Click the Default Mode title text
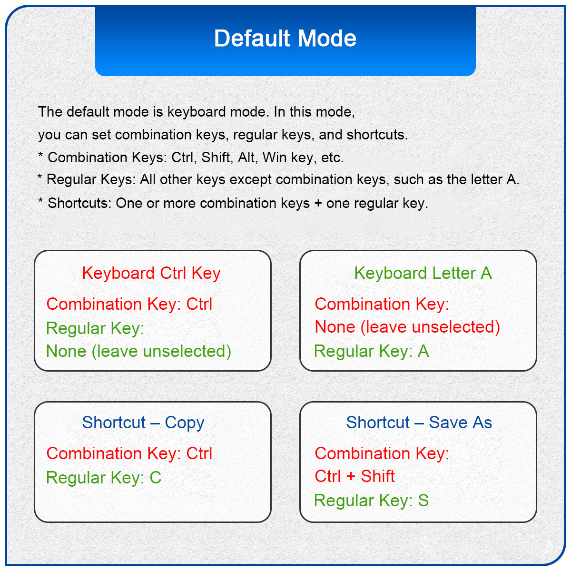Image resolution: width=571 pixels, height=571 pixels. (x=285, y=38)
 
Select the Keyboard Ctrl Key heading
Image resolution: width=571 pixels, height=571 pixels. (x=151, y=274)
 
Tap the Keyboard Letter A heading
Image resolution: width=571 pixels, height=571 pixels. (x=423, y=273)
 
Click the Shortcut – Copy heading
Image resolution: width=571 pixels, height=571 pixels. (x=143, y=423)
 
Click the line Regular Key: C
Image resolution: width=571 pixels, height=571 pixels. (x=104, y=477)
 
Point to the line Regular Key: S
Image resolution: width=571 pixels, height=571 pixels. (x=371, y=501)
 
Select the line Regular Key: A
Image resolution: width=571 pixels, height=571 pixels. (x=371, y=351)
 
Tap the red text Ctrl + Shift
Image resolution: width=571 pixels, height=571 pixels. (x=354, y=476)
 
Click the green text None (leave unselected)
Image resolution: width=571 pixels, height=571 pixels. (x=138, y=351)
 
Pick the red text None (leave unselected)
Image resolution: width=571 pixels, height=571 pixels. (x=407, y=327)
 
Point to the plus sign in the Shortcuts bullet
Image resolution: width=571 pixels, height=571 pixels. (x=318, y=204)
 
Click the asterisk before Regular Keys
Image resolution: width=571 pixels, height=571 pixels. (x=40, y=177)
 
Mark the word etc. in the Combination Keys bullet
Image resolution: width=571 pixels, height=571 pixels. (x=333, y=158)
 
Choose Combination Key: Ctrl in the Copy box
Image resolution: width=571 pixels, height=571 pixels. (x=129, y=453)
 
